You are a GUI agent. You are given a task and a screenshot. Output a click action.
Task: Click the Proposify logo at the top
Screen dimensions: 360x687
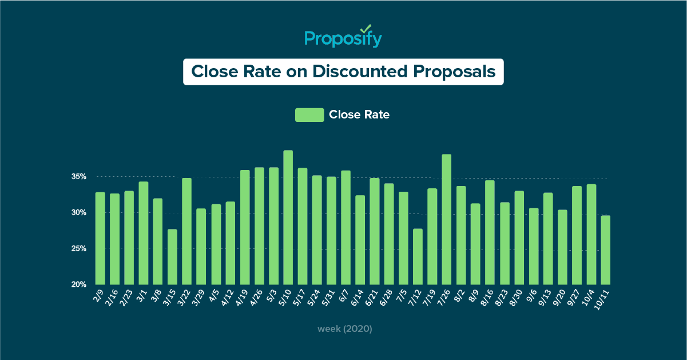pyautogui.click(x=343, y=38)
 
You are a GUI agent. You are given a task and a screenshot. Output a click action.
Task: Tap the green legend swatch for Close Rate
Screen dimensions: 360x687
pyautogui.click(x=309, y=114)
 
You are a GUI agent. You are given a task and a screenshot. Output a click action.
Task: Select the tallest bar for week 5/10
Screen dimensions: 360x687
pyautogui.click(x=288, y=217)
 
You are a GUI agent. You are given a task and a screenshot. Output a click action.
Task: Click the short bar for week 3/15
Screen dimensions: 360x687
pyautogui.click(x=172, y=257)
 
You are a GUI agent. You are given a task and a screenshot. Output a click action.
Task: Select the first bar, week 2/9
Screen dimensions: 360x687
pyautogui.click(x=100, y=238)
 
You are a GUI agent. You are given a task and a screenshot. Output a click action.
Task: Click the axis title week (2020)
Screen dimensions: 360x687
pyautogui.click(x=345, y=329)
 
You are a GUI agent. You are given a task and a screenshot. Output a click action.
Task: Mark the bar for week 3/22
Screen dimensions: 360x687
pyautogui.click(x=186, y=231)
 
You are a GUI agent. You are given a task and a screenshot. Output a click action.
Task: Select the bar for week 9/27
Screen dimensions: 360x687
pyautogui.click(x=577, y=235)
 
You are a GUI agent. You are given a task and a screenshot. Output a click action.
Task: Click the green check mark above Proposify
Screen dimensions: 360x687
pyautogui.click(x=366, y=28)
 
